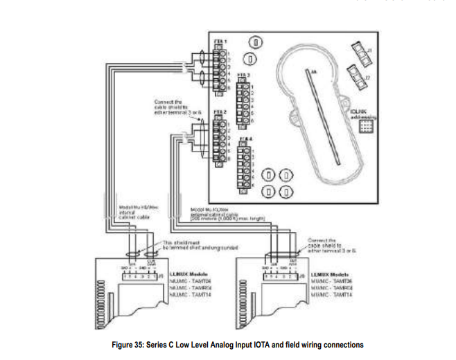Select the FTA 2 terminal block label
(216, 111)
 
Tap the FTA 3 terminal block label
(243, 73)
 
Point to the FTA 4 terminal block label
(243, 138)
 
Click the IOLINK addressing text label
(364, 114)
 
